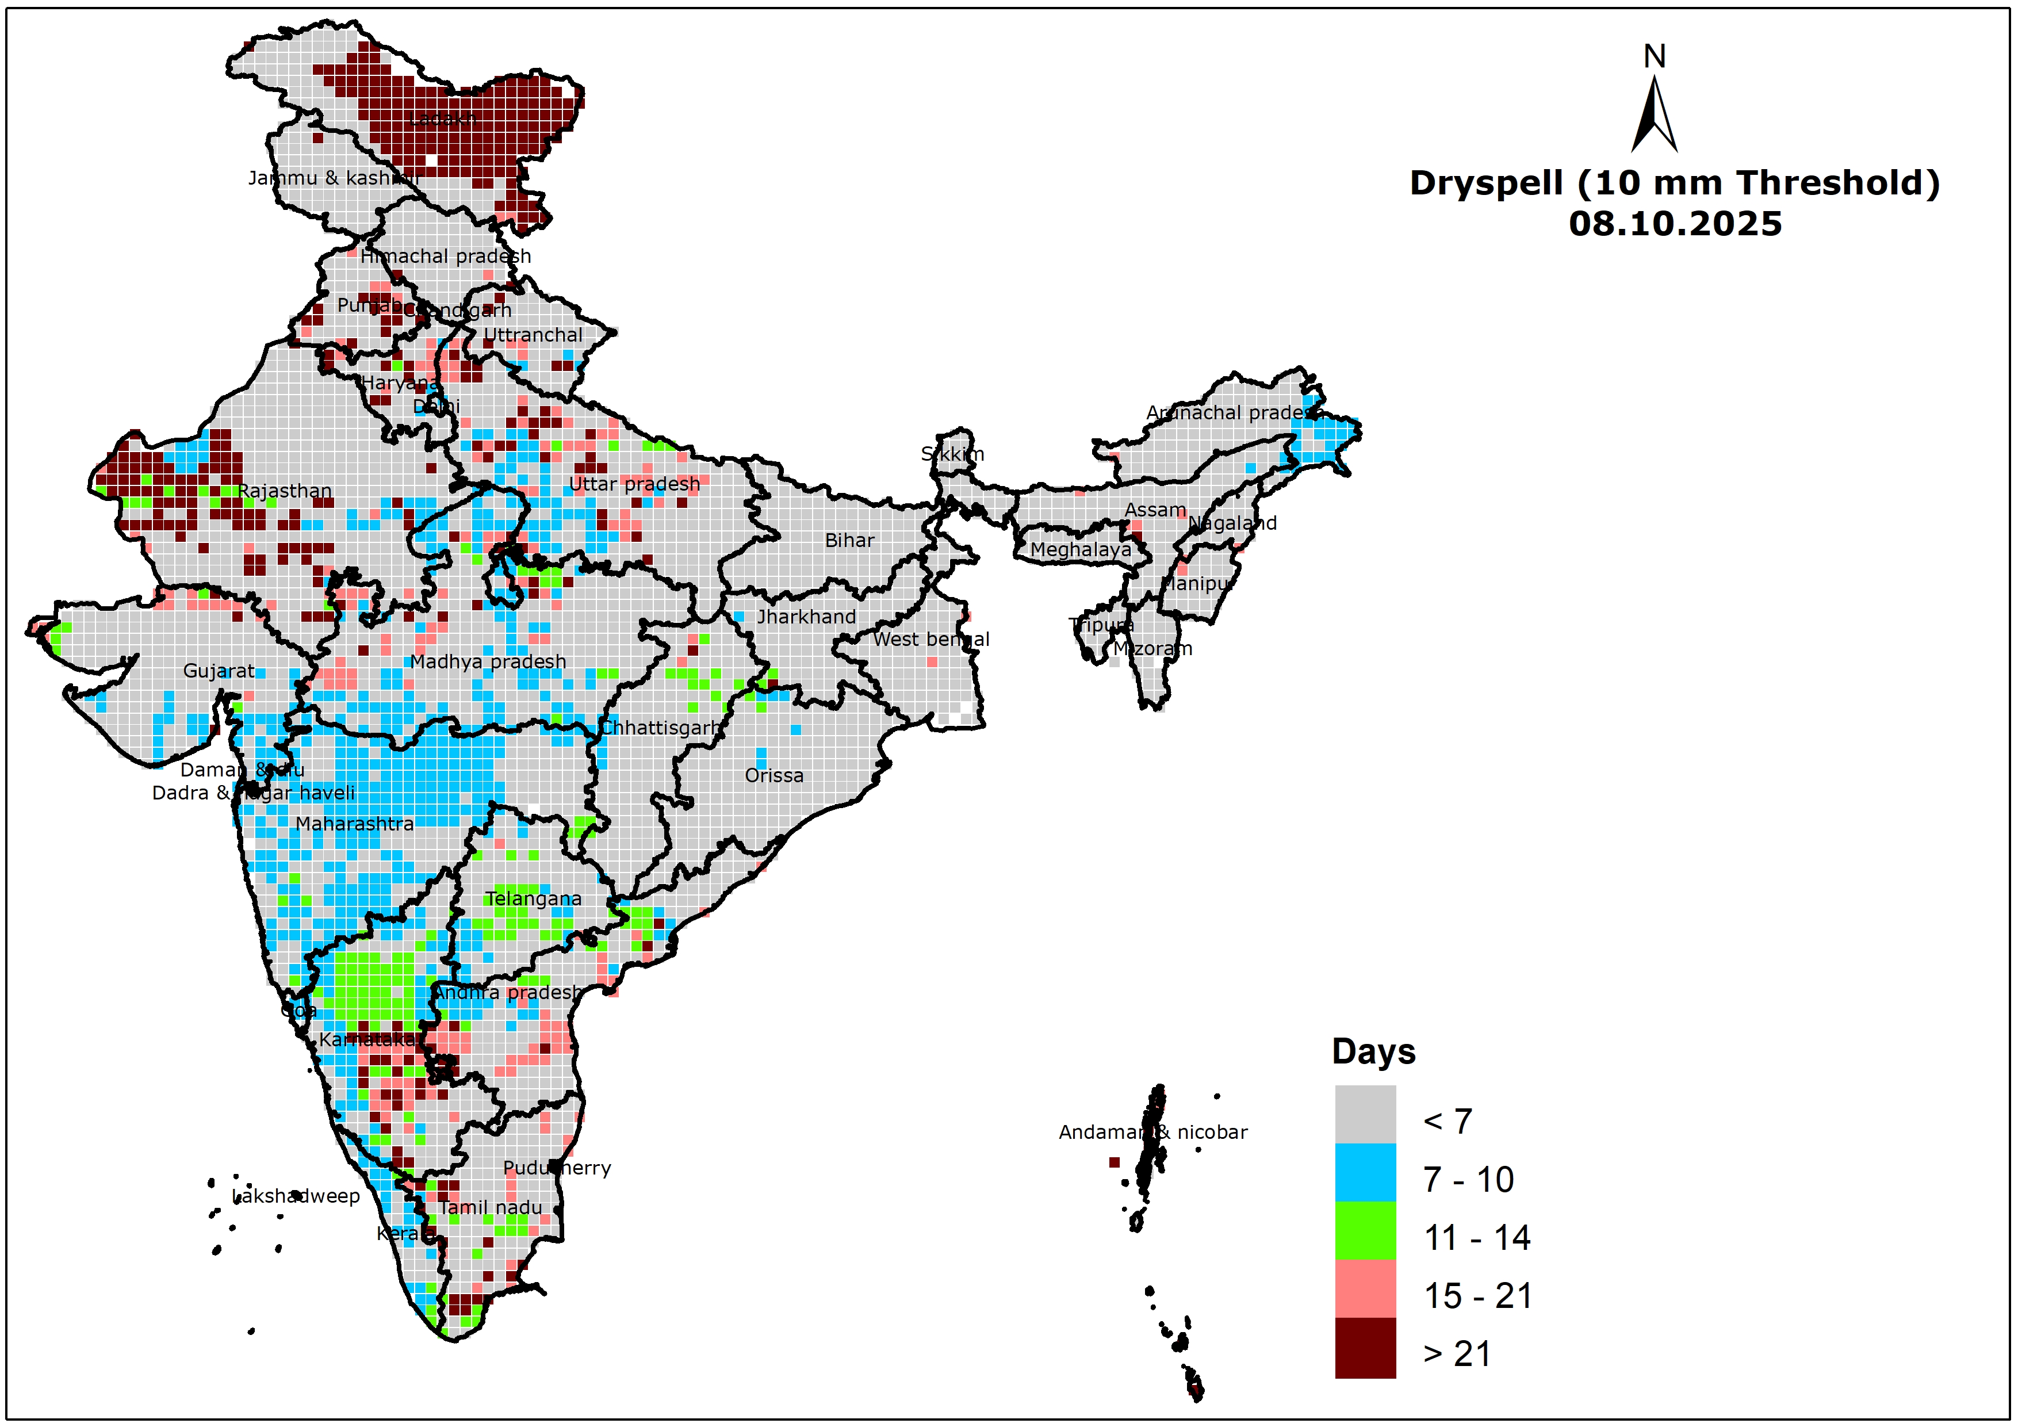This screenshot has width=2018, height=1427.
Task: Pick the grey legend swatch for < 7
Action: [1365, 1114]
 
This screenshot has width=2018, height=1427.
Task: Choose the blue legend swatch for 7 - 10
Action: [1365, 1172]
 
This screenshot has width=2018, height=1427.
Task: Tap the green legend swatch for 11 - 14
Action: [1365, 1230]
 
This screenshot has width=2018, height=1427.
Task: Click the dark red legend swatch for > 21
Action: [1365, 1347]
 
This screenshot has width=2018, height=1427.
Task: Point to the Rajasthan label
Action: [285, 491]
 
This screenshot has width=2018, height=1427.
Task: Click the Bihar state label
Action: [849, 540]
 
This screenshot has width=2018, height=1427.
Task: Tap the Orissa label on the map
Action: [773, 775]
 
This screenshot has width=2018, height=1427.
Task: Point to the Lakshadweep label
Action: [296, 1196]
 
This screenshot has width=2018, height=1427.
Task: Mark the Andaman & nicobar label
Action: [1152, 1131]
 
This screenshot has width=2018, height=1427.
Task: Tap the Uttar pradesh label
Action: [634, 484]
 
